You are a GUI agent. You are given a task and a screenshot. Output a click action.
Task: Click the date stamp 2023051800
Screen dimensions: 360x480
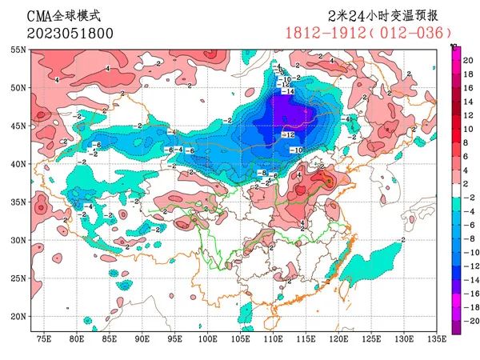click(x=58, y=34)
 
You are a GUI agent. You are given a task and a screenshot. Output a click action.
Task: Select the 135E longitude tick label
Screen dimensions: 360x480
click(x=437, y=340)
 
